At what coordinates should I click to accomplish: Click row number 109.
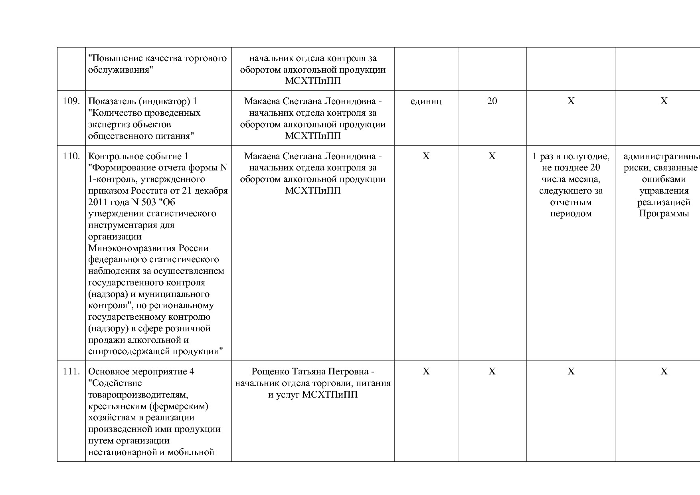point(71,101)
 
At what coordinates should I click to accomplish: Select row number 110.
point(71,156)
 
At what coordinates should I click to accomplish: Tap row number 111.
point(71,372)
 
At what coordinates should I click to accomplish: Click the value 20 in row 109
point(492,101)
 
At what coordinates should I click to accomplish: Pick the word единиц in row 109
point(426,101)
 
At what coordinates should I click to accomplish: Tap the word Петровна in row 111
point(347,372)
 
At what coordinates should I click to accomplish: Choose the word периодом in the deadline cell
point(571,214)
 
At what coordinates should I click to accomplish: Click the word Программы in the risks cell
point(664,214)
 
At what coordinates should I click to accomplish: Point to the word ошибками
point(664,179)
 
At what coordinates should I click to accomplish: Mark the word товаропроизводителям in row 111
point(137,395)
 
